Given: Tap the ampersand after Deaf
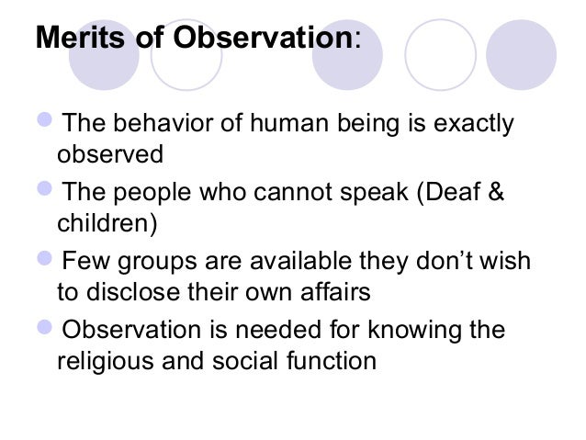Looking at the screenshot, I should (498, 196).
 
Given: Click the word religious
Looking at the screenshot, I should (100, 361).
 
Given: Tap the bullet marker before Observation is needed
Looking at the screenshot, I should (47, 331).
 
